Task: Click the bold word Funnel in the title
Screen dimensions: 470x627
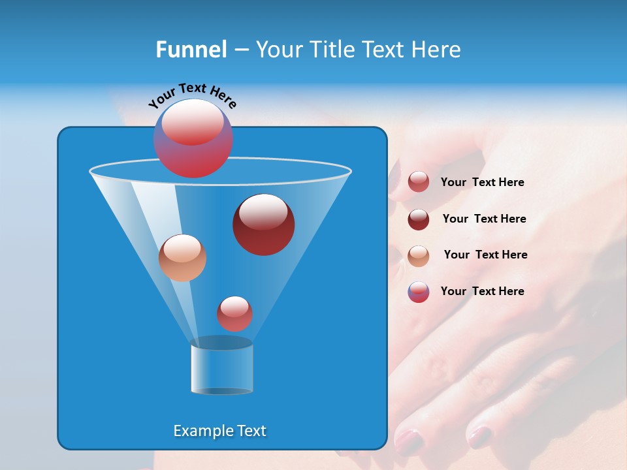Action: (191, 50)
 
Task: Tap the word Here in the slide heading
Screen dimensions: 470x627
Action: (436, 50)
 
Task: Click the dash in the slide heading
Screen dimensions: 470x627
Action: (241, 50)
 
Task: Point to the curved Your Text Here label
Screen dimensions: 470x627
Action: (192, 95)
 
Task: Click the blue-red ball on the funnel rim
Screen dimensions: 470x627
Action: (193, 138)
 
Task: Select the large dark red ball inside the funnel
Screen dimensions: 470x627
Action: (263, 225)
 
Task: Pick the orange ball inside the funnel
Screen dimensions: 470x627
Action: (182, 258)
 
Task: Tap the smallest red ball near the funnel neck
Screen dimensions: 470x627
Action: (234, 314)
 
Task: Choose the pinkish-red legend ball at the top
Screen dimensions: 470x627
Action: (418, 182)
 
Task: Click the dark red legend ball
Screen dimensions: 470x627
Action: (418, 219)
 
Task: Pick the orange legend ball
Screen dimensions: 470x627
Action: (418, 255)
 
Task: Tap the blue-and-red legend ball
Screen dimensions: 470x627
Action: (418, 292)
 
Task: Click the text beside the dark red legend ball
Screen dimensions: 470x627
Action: (484, 219)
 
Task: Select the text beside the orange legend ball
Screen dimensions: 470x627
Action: (485, 255)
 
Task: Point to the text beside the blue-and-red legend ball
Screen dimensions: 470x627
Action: (482, 291)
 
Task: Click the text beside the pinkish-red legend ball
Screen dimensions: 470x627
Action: (482, 182)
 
